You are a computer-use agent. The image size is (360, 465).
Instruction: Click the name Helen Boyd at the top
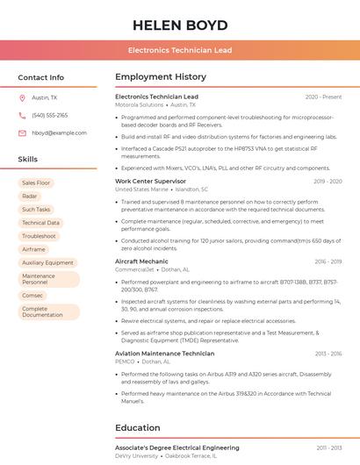coord(179,25)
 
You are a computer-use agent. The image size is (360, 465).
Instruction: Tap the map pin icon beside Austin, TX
coord(22,98)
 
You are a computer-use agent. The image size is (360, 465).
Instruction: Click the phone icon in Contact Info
coord(22,116)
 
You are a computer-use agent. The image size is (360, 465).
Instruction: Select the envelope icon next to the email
coord(22,133)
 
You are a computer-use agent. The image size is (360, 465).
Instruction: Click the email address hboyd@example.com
coord(59,133)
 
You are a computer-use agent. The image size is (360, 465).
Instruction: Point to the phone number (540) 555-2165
coord(50,116)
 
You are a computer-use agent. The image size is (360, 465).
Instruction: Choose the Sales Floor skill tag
coord(36,183)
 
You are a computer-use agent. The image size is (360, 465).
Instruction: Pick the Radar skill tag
coord(30,197)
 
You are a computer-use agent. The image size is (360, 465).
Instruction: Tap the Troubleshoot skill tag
coord(39,236)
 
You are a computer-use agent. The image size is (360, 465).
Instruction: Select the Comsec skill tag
coord(32,296)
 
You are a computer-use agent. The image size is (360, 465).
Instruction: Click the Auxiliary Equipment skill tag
coord(47,262)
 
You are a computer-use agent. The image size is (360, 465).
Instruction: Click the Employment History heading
coord(161,77)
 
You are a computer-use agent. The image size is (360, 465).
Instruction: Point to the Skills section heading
coord(27,160)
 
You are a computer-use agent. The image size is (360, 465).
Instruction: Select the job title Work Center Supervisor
coord(151,182)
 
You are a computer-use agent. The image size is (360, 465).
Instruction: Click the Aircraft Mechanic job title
coord(141,261)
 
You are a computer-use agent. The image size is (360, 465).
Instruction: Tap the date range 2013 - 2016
coord(328,354)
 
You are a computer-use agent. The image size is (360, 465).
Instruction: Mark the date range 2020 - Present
coord(323,97)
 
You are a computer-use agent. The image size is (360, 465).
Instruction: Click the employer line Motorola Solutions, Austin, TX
coord(156,104)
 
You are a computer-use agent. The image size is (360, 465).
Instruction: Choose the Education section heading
coord(137,428)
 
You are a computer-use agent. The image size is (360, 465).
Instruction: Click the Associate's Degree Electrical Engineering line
coord(176,447)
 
